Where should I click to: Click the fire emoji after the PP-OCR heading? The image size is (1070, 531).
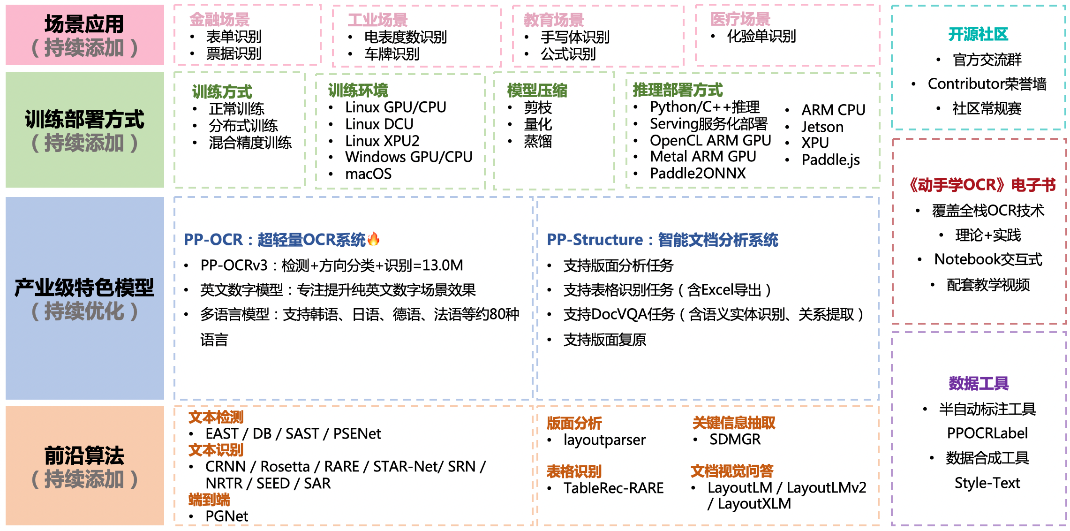(x=373, y=239)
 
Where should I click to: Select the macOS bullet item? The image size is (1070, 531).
(x=368, y=174)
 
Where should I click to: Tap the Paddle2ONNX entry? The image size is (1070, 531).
(x=697, y=174)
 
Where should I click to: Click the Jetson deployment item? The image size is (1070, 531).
(x=822, y=127)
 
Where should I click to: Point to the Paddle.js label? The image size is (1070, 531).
(x=830, y=160)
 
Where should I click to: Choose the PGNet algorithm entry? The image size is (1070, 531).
(x=226, y=516)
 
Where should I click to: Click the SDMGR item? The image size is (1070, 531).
(x=735, y=440)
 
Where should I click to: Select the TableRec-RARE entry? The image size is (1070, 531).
(x=613, y=488)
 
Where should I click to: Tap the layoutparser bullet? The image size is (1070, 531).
(x=604, y=440)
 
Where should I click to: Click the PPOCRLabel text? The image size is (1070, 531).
(x=987, y=433)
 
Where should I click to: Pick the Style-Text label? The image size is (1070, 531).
(x=987, y=483)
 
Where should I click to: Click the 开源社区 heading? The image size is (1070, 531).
(x=978, y=34)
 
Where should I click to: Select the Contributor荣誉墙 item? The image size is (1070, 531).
(x=987, y=84)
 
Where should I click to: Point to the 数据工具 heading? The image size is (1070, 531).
(x=979, y=383)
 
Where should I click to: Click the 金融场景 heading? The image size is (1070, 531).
(x=219, y=20)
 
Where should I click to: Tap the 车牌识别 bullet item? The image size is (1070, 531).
(x=392, y=54)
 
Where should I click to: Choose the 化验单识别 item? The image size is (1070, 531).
(x=761, y=37)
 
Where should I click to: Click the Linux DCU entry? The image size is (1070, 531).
(x=379, y=124)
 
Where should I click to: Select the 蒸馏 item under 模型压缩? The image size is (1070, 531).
(x=538, y=141)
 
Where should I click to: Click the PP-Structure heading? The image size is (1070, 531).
(x=662, y=240)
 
